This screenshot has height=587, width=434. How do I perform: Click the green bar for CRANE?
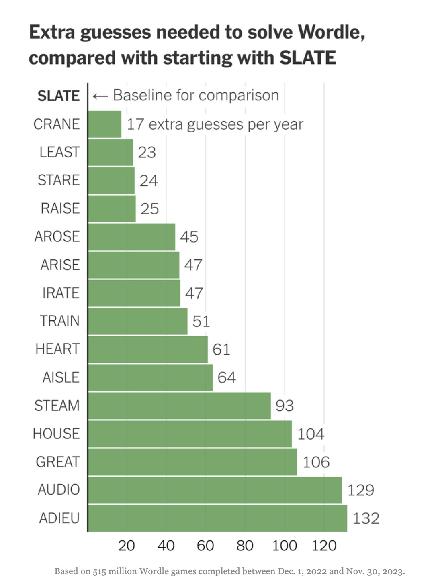pyautogui.click(x=104, y=124)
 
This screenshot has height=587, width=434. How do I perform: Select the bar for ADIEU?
pyautogui.click(x=217, y=518)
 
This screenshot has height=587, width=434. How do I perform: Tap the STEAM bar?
pyautogui.click(x=179, y=406)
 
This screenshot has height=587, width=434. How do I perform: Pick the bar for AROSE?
pyautogui.click(x=132, y=237)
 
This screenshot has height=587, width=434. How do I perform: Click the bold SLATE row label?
pyautogui.click(x=59, y=96)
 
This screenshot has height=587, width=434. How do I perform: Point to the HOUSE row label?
pyautogui.click(x=56, y=434)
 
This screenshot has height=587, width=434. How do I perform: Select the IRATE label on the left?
pyautogui.click(x=61, y=293)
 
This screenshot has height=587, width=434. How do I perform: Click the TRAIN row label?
pyautogui.click(x=59, y=321)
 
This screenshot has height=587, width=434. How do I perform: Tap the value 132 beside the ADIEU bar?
pyautogui.click(x=366, y=518)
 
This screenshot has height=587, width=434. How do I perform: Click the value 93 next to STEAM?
pyautogui.click(x=285, y=406)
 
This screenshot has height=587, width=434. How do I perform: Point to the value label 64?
pyautogui.click(x=227, y=377)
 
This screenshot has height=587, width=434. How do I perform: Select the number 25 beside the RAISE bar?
pyautogui.click(x=149, y=209)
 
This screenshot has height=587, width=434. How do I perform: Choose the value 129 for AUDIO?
pyautogui.click(x=360, y=490)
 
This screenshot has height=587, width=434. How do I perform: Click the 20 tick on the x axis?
pyautogui.click(x=127, y=546)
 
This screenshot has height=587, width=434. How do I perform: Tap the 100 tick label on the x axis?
pyautogui.click(x=285, y=546)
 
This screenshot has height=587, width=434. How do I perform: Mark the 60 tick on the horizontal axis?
pyautogui.click(x=205, y=546)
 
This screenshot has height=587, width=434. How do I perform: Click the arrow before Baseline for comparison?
pyautogui.click(x=100, y=96)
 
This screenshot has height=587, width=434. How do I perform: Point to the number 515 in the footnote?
pyautogui.click(x=100, y=571)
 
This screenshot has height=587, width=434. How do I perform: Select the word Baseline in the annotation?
pyautogui.click(x=139, y=96)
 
